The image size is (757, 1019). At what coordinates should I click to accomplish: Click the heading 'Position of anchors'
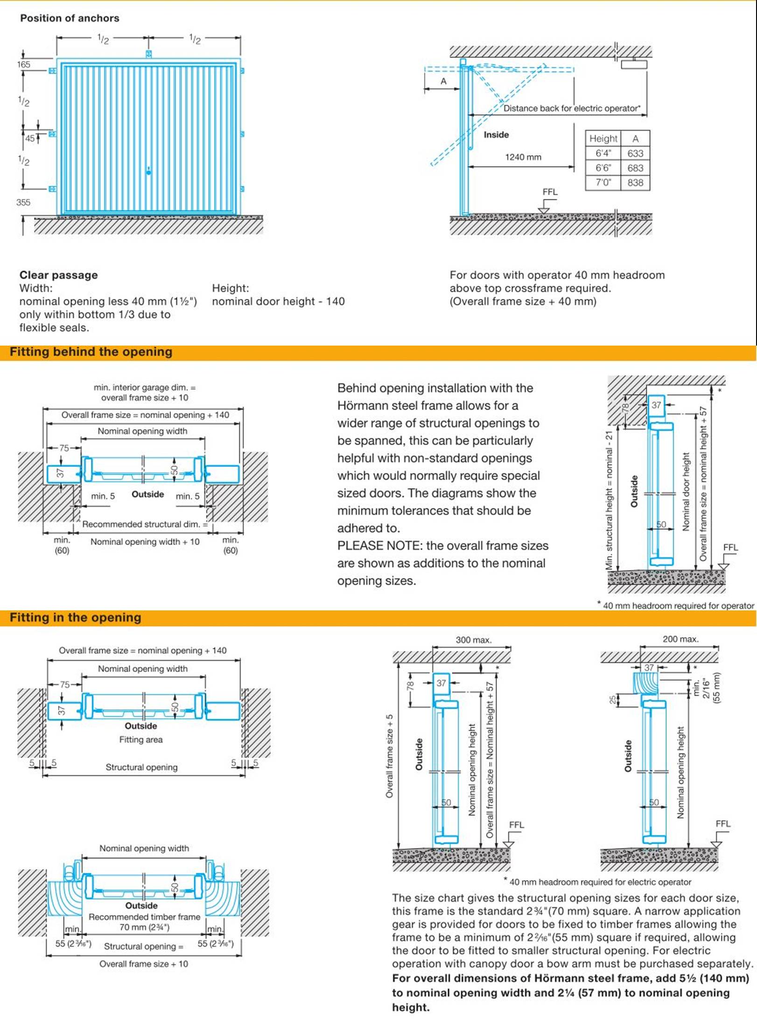pyautogui.click(x=70, y=18)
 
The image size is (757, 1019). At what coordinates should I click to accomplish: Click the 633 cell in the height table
pyautogui.click(x=635, y=153)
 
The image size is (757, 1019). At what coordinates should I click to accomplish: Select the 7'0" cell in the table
pyautogui.click(x=603, y=183)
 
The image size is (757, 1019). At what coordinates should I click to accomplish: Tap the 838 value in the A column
pyautogui.click(x=635, y=183)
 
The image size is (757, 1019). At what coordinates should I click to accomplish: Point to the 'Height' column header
pyautogui.click(x=603, y=139)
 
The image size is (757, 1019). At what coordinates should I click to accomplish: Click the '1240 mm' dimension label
pyautogui.click(x=523, y=157)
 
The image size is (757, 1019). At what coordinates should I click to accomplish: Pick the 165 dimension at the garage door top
pyautogui.click(x=23, y=64)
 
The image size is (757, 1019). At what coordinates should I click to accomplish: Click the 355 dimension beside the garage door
pyautogui.click(x=23, y=203)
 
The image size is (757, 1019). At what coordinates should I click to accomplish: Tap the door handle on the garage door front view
pyautogui.click(x=149, y=172)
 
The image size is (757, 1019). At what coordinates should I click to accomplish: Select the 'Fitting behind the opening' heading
pyautogui.click(x=91, y=352)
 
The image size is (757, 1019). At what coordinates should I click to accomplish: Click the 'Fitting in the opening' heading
pyautogui.click(x=76, y=618)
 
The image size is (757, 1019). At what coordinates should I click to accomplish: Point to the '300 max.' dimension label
pyautogui.click(x=473, y=640)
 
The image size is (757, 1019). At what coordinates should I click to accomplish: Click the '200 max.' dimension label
pyautogui.click(x=680, y=639)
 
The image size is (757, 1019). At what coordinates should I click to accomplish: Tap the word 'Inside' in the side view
pyautogui.click(x=496, y=135)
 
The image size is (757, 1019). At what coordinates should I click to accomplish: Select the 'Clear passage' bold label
pyautogui.click(x=59, y=275)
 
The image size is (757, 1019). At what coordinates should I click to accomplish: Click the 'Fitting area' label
pyautogui.click(x=141, y=740)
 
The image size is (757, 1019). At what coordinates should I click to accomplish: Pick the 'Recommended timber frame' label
pyautogui.click(x=144, y=917)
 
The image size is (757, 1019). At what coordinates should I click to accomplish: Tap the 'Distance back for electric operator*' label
pyautogui.click(x=572, y=108)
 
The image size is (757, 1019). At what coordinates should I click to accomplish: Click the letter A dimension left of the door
pyautogui.click(x=443, y=81)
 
